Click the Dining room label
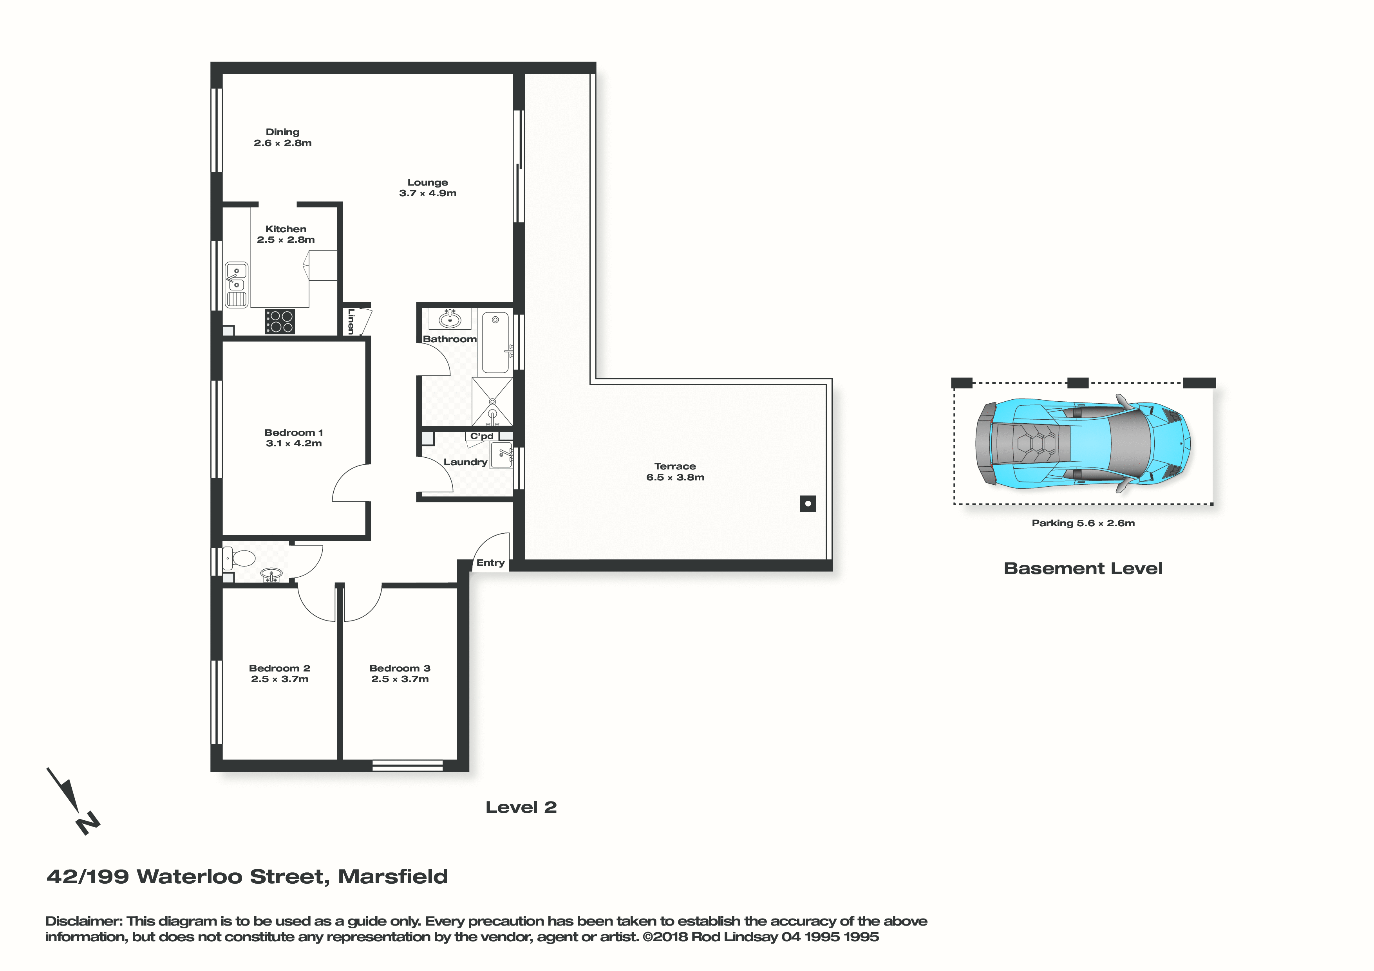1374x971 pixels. pos(282,132)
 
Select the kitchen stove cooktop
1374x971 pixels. pos(280,321)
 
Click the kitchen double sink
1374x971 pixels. pos(237,285)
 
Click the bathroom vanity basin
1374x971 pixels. pos(450,319)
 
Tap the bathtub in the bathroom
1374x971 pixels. pos(495,342)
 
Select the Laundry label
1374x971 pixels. pos(465,462)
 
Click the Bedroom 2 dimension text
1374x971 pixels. pos(280,679)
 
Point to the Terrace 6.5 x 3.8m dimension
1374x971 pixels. pos(675,477)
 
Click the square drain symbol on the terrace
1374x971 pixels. pos(808,504)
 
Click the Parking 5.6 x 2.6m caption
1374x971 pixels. pos(1083,523)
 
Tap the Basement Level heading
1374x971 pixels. pos(1083,569)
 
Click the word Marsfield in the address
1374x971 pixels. pos(393,877)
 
